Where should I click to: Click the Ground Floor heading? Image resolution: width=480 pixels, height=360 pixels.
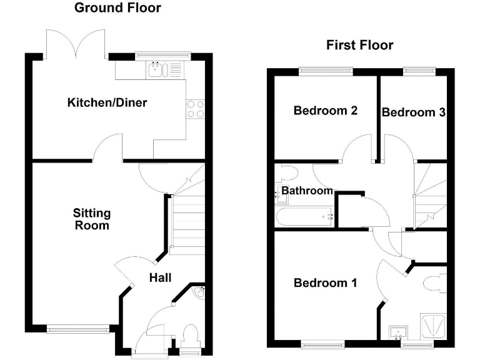coord(117,8)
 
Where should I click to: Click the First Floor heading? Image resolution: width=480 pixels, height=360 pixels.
coord(359,45)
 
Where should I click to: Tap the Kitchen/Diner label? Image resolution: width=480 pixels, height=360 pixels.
coord(107,102)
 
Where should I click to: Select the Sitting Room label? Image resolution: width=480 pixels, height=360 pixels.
coord(92,219)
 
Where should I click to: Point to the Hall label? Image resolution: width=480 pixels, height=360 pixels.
coord(160,277)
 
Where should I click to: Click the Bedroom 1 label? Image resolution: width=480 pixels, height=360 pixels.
coord(325,283)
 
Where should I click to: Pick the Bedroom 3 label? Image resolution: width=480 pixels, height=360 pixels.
coord(413,112)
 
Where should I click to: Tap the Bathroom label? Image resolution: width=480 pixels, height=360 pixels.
coord(306,190)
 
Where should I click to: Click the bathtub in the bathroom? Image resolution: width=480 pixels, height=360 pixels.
coord(304,217)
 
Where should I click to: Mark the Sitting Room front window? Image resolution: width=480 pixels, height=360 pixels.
coord(69,327)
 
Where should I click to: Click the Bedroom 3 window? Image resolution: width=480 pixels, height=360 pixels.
coord(414,71)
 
